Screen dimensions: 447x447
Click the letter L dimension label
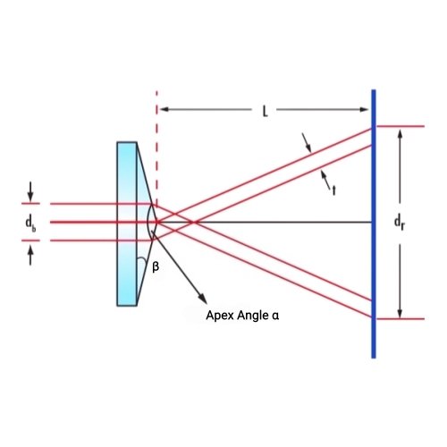click(x=265, y=111)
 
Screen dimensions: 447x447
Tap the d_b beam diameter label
click(x=30, y=224)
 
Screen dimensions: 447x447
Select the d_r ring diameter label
click(x=400, y=223)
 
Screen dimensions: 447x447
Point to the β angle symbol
click(x=156, y=266)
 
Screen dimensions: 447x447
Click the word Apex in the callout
click(x=219, y=316)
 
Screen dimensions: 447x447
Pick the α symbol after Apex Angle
click(x=275, y=316)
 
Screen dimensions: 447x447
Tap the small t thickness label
click(x=333, y=190)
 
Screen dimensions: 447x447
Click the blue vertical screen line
click(x=374, y=223)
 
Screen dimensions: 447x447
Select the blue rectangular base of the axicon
click(x=127, y=223)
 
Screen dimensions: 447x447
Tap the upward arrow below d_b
click(x=30, y=256)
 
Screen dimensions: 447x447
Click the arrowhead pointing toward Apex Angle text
click(x=202, y=299)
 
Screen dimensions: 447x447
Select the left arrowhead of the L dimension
click(x=164, y=109)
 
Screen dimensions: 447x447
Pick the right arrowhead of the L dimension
click(x=365, y=109)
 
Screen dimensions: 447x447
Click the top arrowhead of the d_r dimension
click(x=401, y=134)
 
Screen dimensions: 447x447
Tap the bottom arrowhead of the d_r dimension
click(x=401, y=313)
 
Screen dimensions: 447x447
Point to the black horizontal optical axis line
click(x=266, y=222)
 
